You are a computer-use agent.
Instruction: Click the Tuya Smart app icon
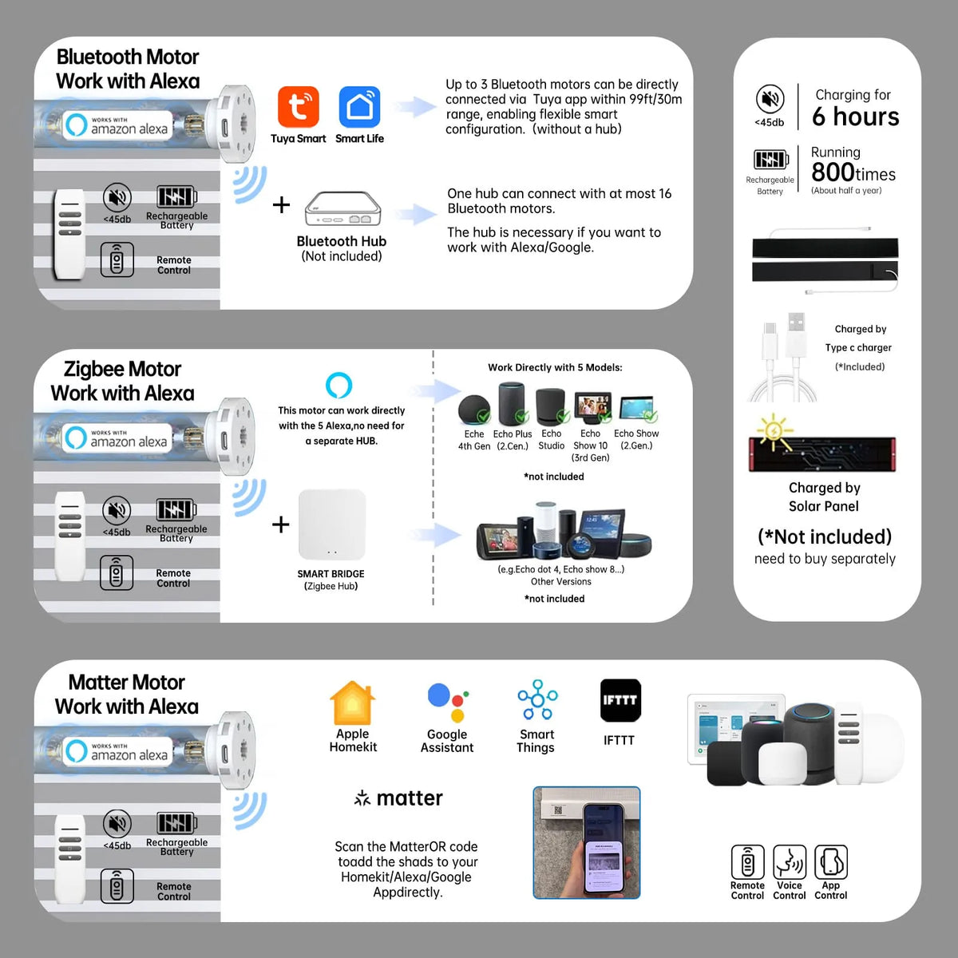point(299,107)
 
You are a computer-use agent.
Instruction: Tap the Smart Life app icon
point(359,107)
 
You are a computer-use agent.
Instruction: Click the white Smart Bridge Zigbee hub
point(331,525)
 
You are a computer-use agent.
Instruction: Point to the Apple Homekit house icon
point(352,703)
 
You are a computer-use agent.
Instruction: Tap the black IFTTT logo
point(620,701)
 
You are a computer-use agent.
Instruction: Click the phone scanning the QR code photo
point(587,842)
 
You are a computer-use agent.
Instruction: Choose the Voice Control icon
point(789,862)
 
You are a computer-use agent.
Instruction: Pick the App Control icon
point(830,862)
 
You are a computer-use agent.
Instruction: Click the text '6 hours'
point(855,117)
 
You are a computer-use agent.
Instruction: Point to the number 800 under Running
point(833,172)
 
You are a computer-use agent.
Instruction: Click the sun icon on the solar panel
point(774,430)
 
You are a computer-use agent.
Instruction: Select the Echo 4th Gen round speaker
point(474,410)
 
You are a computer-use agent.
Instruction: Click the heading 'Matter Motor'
point(126,683)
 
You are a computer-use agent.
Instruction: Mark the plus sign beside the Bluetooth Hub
point(281,205)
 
